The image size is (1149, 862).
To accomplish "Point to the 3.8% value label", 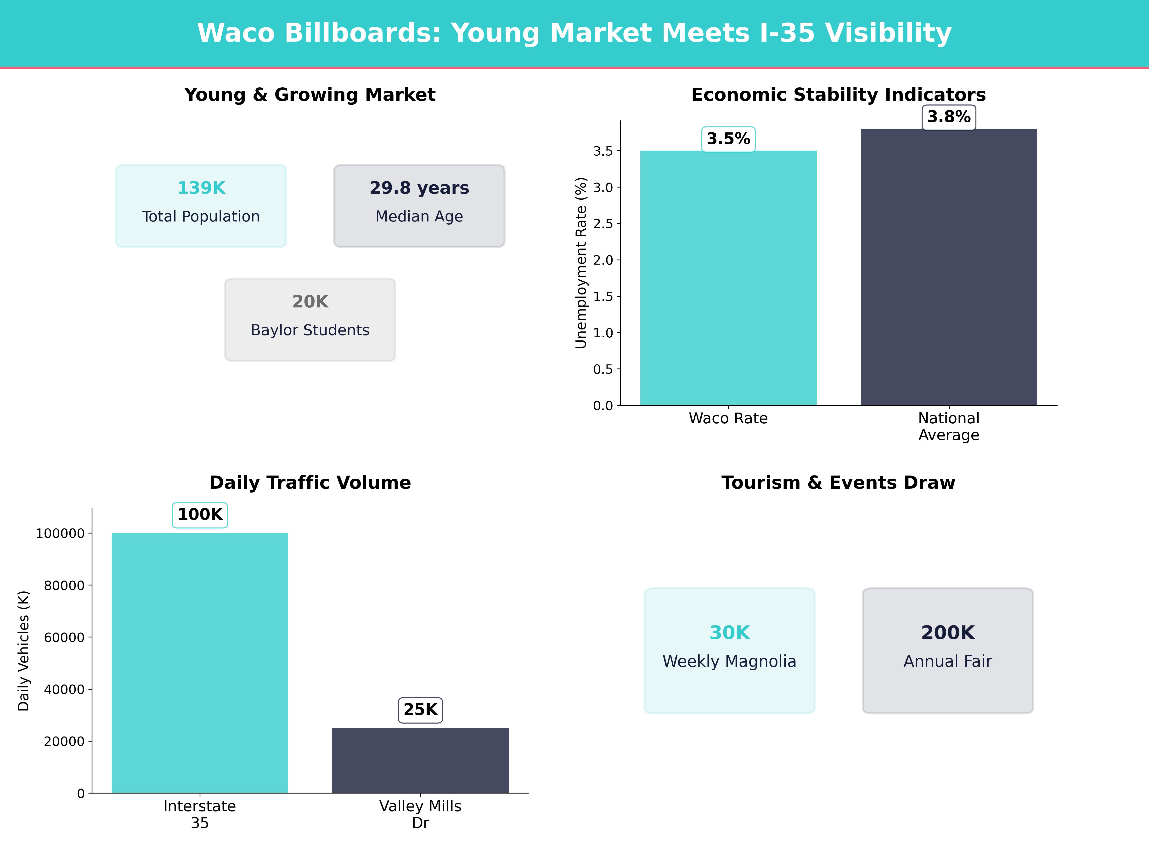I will click(x=948, y=117).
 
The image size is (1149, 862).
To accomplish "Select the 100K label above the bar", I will click(x=200, y=514).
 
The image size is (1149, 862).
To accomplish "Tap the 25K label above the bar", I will click(x=420, y=710).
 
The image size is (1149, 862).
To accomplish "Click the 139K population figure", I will click(x=201, y=188).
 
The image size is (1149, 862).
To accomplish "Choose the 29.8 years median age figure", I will click(x=419, y=188).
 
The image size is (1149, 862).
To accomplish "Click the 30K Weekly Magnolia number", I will click(x=729, y=633).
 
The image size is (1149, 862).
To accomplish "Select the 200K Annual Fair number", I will click(x=947, y=633).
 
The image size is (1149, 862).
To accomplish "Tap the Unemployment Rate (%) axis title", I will click(x=581, y=263).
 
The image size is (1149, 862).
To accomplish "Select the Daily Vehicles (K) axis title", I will click(x=23, y=651).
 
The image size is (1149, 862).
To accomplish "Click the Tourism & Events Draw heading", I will click(x=838, y=483).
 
